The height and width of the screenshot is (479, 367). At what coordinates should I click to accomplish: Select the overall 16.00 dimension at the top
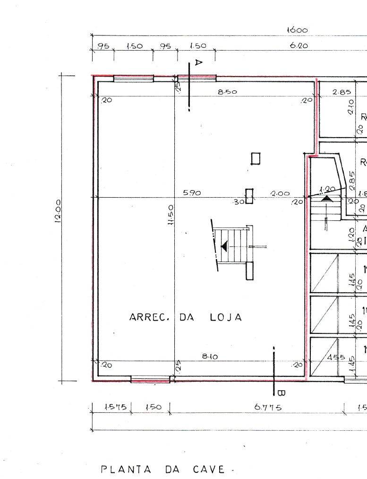(297, 30)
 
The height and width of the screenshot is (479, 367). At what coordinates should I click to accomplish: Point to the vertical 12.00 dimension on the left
(57, 210)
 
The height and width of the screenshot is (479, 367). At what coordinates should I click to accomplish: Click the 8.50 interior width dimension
(227, 92)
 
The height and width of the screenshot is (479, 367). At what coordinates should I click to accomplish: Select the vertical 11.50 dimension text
(171, 214)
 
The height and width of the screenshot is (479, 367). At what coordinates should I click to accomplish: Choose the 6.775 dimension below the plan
(268, 407)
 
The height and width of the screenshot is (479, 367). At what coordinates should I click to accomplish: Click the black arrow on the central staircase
(224, 246)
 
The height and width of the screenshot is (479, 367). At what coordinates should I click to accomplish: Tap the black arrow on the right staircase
(326, 199)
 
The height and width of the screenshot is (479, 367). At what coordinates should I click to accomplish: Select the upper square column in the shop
(256, 158)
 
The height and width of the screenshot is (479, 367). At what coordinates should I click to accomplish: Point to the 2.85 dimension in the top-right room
(341, 92)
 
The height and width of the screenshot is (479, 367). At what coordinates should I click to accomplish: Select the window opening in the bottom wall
(150, 379)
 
